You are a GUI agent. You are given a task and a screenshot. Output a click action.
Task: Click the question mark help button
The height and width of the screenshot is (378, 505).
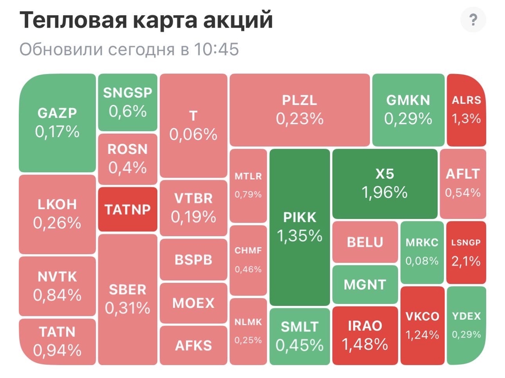coord(473,20)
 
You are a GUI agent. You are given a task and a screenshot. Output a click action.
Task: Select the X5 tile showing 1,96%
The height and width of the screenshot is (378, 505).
coord(385,183)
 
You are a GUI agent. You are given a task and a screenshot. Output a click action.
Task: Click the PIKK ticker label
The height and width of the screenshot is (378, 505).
coord(300,217)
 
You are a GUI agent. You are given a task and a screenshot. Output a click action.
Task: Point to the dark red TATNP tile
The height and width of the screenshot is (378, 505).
coord(127,209)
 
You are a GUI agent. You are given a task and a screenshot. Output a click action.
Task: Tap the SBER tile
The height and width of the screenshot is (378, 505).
coord(127,299)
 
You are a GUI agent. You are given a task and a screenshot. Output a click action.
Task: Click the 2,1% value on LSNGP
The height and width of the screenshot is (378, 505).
coord(466,261)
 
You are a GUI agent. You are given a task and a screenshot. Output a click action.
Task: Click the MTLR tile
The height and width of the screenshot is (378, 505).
coord(248,185)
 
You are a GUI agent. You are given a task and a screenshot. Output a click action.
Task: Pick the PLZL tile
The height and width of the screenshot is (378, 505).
coord(300,109)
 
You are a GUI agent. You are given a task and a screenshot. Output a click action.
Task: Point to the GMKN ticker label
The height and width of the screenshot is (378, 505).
coord(408,100)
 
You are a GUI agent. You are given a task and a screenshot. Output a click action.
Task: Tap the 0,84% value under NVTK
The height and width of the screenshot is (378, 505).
coord(57,295)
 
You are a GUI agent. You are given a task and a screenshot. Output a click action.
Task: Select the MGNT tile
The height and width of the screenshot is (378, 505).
coord(365,284)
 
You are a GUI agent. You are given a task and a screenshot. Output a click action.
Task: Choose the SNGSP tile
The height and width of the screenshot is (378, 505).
coord(127,102)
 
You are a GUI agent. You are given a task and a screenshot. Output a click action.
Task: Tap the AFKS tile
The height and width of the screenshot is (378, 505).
coord(193,345)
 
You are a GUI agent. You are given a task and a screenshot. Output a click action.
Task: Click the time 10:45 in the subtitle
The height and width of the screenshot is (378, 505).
coord(216,50)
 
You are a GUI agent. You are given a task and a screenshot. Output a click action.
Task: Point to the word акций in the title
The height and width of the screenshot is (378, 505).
coord(240,20)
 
